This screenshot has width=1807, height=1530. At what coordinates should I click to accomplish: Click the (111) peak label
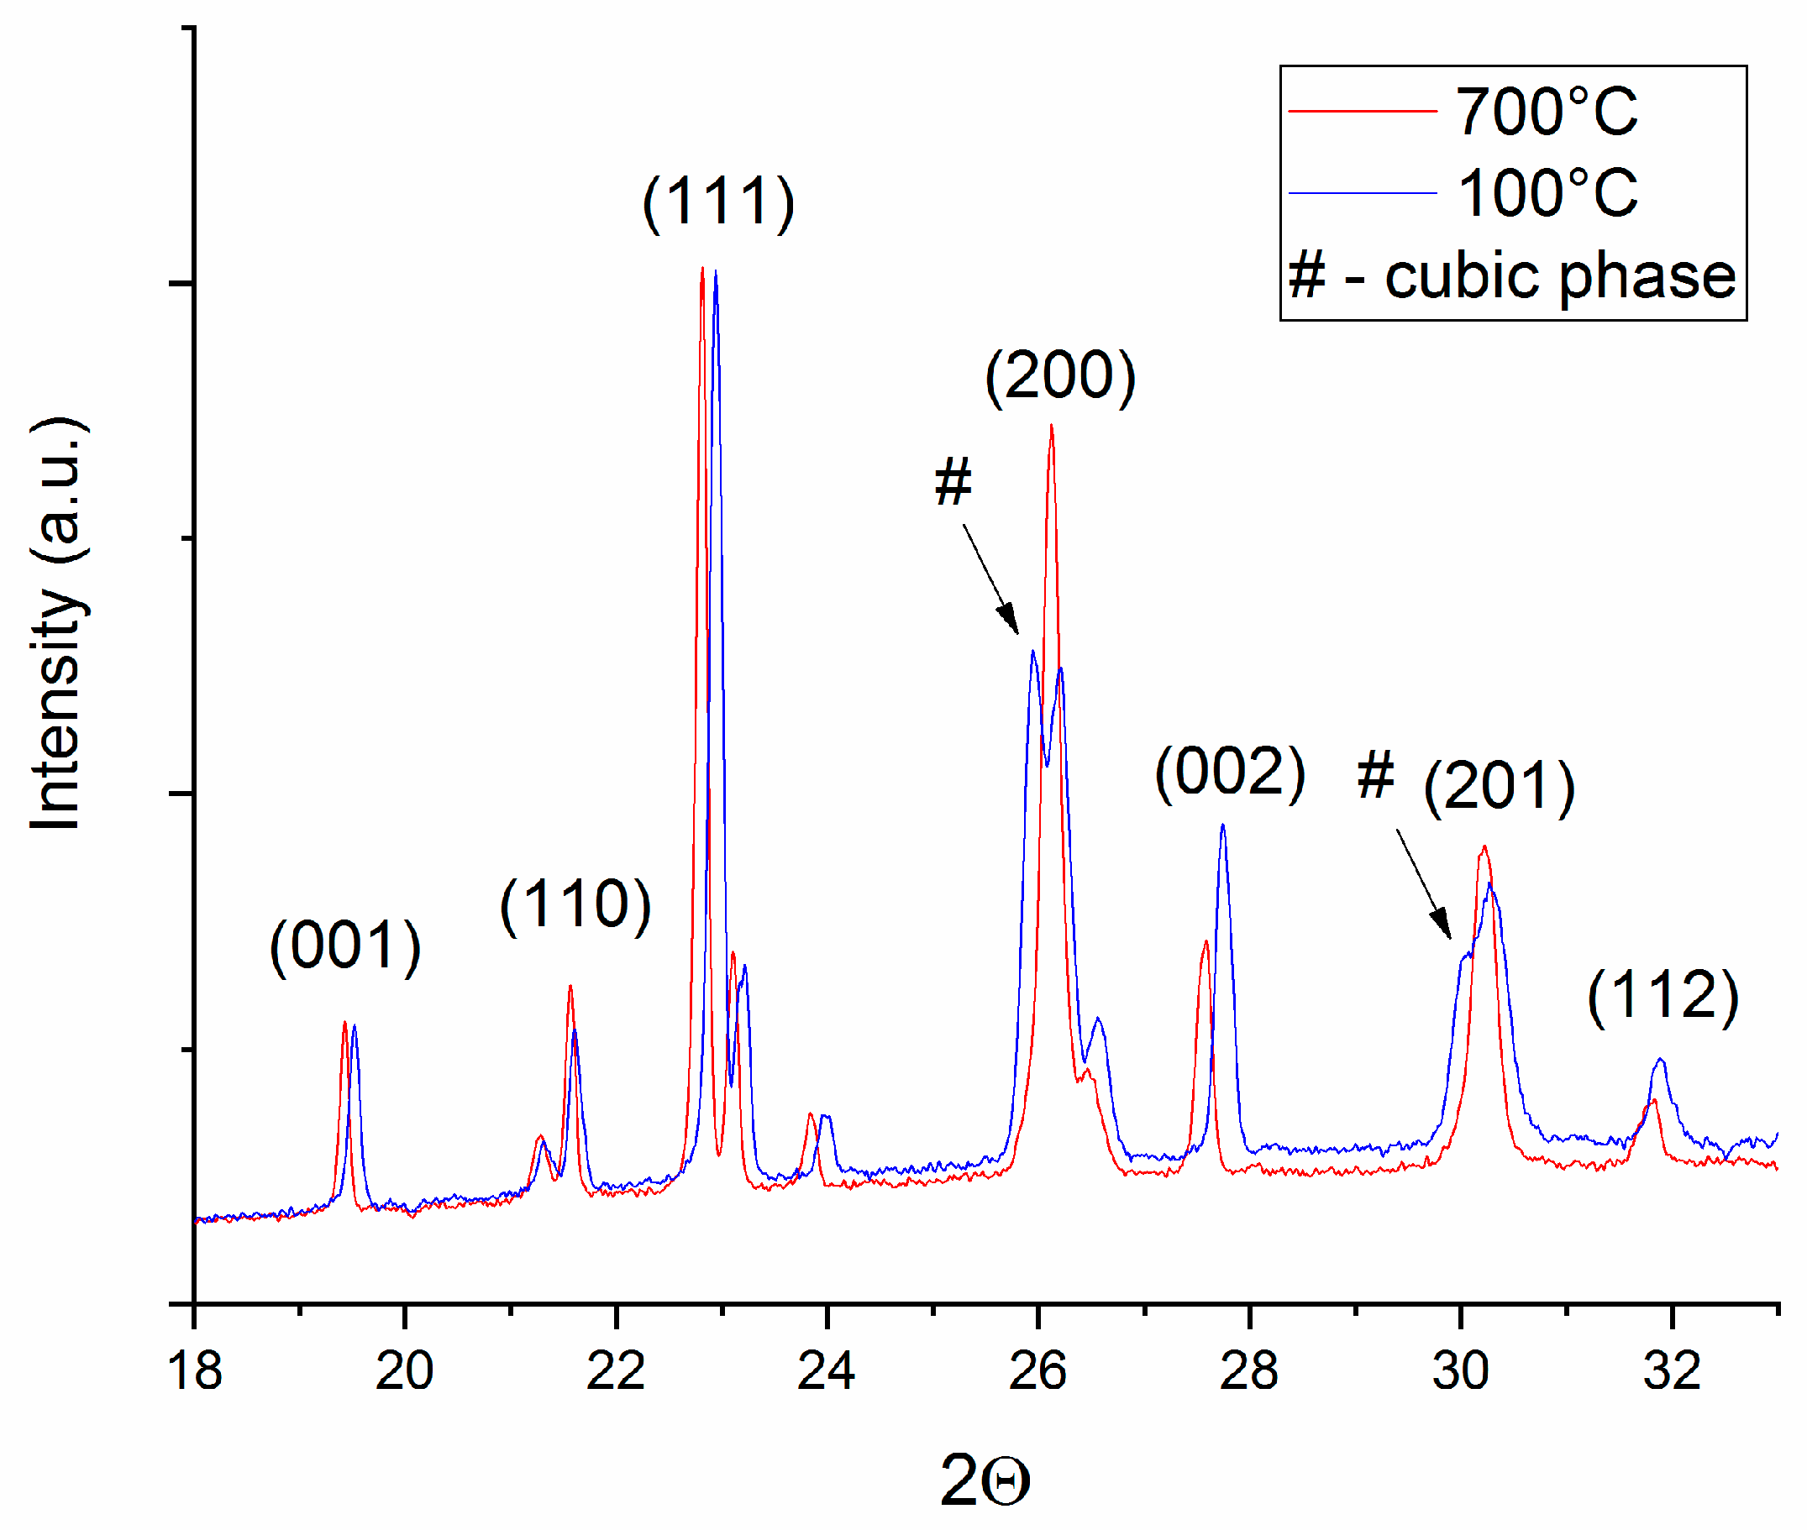click(x=718, y=203)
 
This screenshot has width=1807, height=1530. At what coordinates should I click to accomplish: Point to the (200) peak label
click(x=1060, y=376)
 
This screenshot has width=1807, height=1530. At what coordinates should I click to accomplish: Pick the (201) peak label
click(x=1500, y=786)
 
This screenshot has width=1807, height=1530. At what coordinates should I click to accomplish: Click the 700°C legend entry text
click(x=1547, y=112)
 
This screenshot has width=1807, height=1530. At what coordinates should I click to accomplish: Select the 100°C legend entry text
click(x=1547, y=192)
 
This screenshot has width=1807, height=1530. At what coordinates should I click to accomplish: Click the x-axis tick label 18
click(x=194, y=1371)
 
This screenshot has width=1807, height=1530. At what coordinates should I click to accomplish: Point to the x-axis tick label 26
click(x=1037, y=1371)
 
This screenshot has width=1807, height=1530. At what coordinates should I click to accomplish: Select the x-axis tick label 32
click(x=1672, y=1371)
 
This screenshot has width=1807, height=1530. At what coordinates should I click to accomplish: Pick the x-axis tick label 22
click(x=616, y=1371)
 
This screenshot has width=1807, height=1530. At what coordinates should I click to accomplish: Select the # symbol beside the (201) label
click(x=1376, y=774)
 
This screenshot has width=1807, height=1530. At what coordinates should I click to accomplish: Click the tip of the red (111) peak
click(x=701, y=269)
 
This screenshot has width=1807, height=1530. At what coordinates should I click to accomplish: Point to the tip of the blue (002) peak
click(x=1223, y=825)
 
